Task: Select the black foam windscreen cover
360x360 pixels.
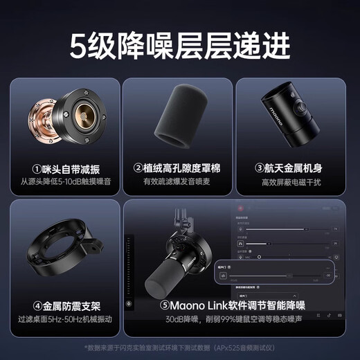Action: click(179, 119)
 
